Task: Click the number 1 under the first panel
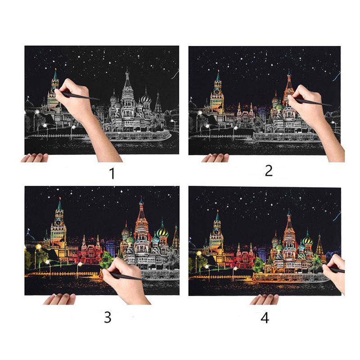[x=112, y=173]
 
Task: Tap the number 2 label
[x=269, y=171]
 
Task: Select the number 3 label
[x=108, y=317]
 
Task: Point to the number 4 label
[x=265, y=318]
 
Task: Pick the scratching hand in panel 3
[x=125, y=280]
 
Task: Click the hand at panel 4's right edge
[x=335, y=273]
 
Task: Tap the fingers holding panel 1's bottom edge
[x=35, y=158]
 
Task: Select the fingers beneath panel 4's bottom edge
[x=264, y=299]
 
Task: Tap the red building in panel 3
[x=90, y=252]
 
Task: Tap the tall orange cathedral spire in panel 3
[x=141, y=211]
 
